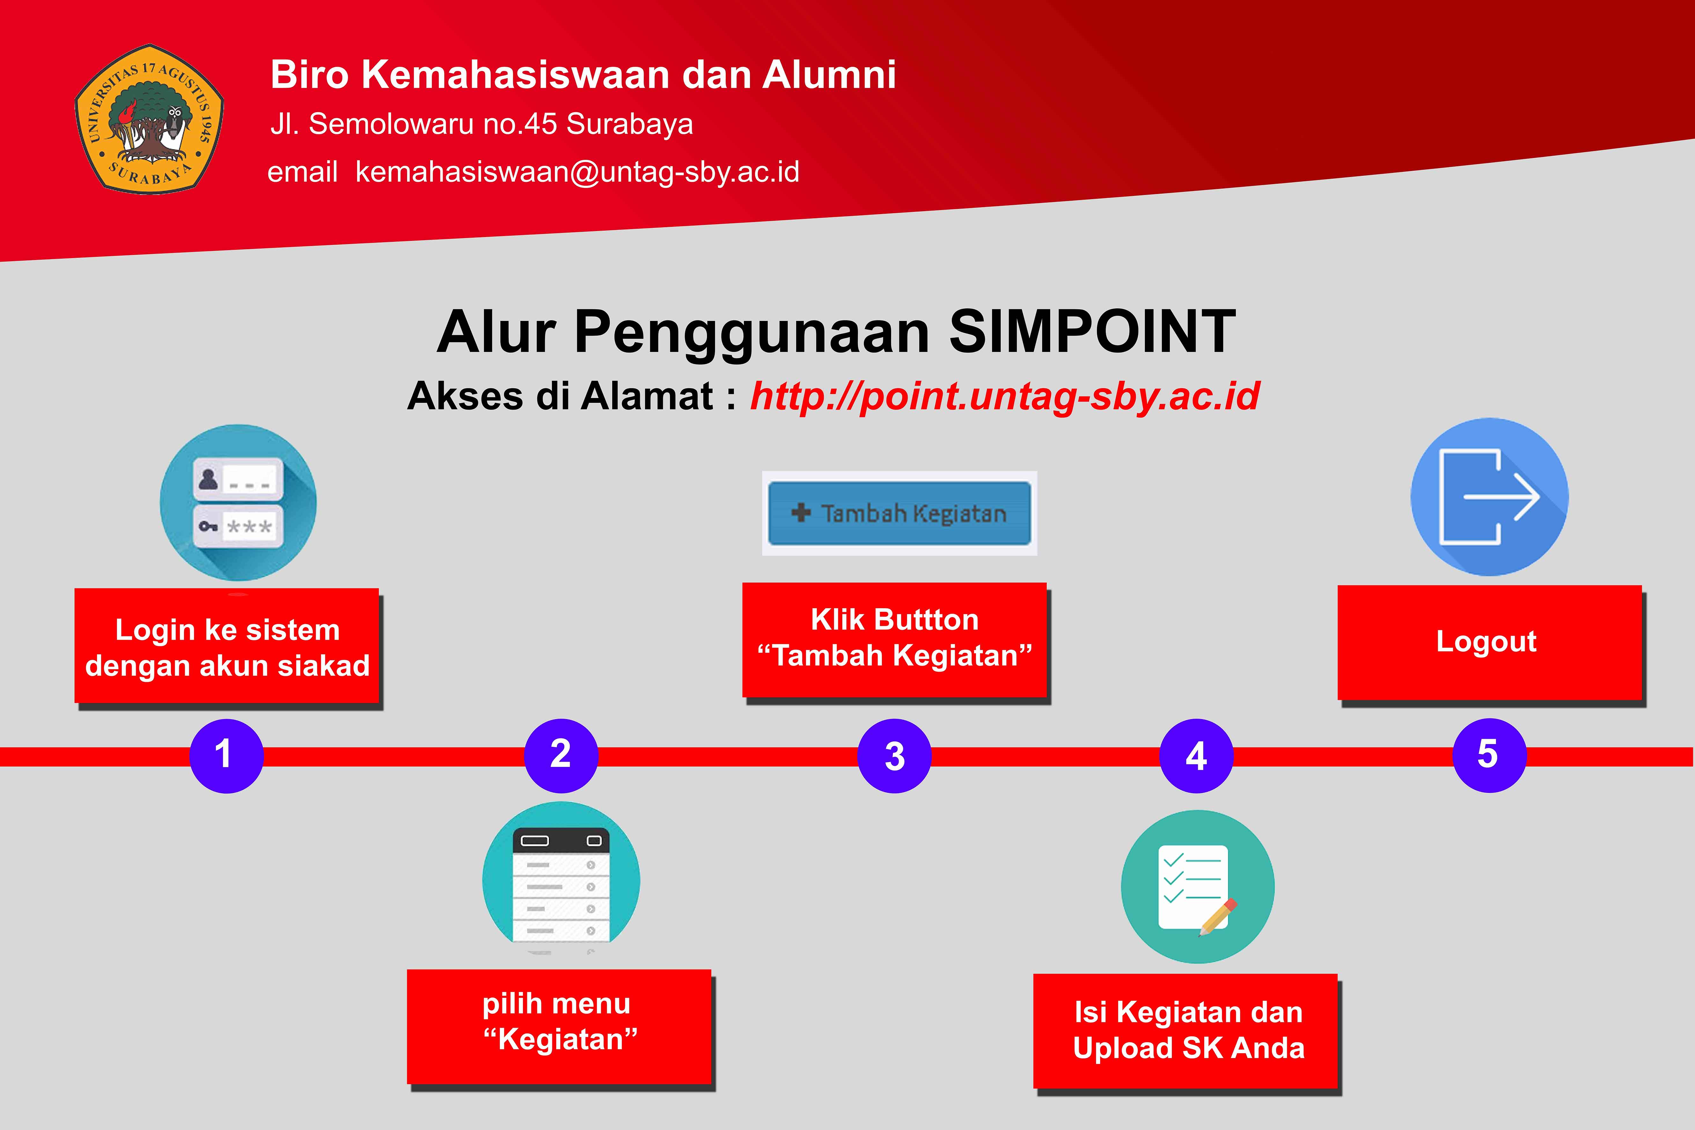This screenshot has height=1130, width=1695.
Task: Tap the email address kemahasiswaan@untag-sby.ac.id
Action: pyautogui.click(x=577, y=172)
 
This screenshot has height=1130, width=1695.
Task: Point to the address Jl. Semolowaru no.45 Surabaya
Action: pyautogui.click(x=482, y=124)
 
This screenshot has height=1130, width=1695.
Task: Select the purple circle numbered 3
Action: pyautogui.click(x=894, y=756)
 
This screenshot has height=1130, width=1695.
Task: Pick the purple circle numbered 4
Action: pyautogui.click(x=1196, y=756)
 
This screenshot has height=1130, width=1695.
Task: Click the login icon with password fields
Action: pyautogui.click(x=238, y=502)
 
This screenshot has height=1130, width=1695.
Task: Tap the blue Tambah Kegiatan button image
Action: pyautogui.click(x=899, y=513)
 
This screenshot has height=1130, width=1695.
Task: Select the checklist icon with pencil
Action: pyautogui.click(x=1197, y=886)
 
